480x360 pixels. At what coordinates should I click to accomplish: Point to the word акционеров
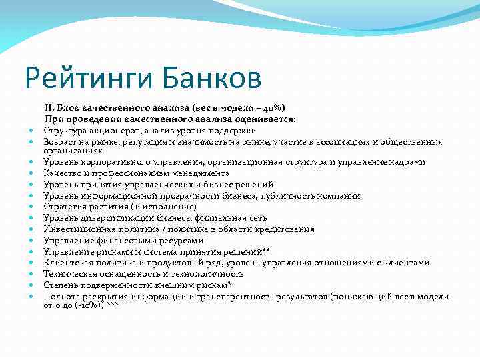(105, 129)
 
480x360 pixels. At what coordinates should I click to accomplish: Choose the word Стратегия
(63, 207)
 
